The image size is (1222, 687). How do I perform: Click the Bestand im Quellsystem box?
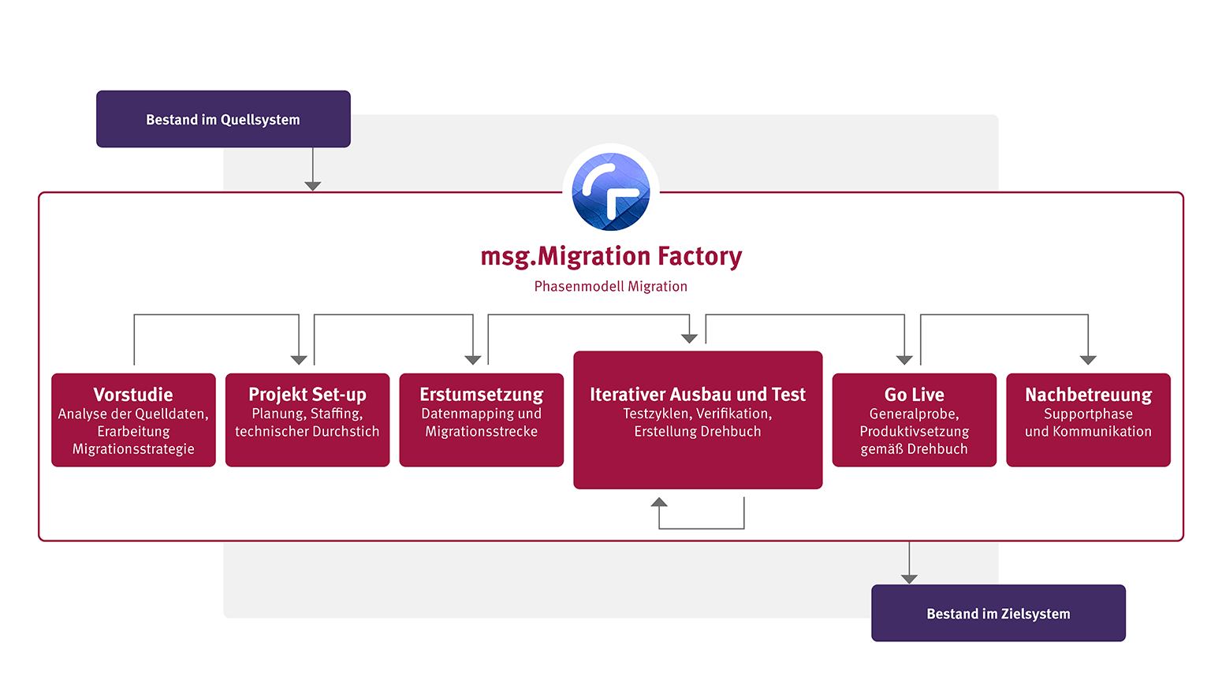223,119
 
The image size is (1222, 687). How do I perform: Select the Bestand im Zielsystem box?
998,613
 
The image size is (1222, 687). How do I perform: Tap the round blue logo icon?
611,191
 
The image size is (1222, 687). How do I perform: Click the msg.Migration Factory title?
611,256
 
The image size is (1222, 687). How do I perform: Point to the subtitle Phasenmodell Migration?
611,287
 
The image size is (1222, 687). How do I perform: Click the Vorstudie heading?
133,394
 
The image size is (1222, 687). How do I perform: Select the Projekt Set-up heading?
307,394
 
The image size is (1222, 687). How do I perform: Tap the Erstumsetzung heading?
482,394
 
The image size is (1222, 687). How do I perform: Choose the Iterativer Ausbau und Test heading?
698,394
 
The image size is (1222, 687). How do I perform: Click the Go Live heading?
915,394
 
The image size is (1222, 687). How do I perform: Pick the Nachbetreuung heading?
1088,394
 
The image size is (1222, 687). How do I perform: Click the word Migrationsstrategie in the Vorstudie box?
133,449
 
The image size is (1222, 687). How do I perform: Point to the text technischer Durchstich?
307,432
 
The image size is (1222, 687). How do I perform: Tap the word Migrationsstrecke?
482,432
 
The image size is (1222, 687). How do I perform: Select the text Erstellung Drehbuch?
698,432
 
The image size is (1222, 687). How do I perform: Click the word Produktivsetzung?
915,432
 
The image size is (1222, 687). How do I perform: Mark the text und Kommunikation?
1088,432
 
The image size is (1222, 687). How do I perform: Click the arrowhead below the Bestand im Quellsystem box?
313,186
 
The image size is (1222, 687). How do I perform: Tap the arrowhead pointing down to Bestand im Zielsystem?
909,579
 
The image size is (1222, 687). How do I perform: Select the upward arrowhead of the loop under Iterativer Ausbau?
659,502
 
